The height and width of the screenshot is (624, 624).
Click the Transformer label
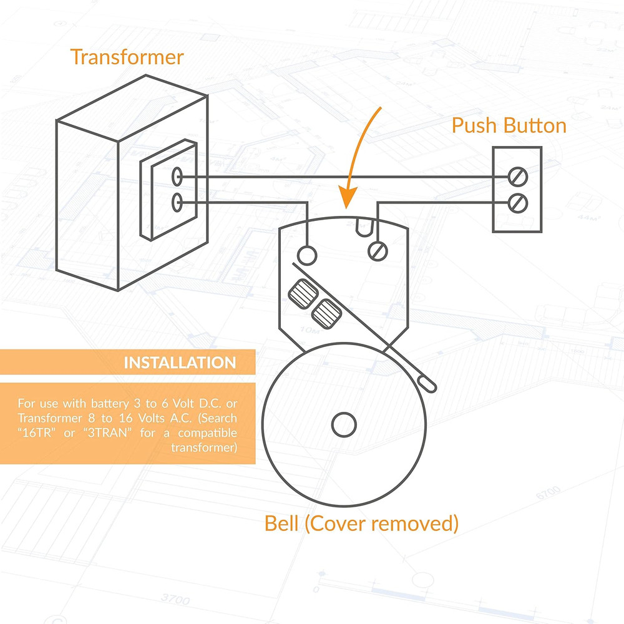(127, 57)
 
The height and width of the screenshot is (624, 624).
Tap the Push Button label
(509, 125)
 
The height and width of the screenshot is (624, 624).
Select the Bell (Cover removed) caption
(361, 523)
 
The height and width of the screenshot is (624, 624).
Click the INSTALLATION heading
(180, 363)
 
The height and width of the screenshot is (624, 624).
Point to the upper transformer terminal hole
(177, 177)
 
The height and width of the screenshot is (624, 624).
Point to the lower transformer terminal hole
(177, 202)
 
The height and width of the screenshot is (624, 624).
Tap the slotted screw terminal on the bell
(378, 251)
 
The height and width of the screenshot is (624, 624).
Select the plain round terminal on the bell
(306, 254)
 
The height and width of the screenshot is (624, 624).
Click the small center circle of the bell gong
(343, 426)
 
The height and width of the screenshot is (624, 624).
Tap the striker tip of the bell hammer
(429, 381)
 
